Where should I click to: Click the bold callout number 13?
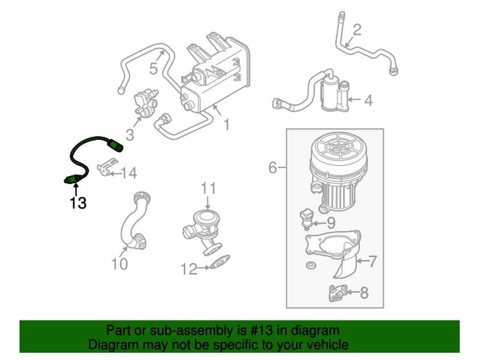tap(78, 203)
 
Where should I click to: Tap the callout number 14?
tap(129, 173)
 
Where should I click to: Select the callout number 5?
tap(154, 68)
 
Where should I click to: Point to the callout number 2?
tap(357, 29)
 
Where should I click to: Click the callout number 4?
tap(368, 100)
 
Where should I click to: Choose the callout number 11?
tap(208, 188)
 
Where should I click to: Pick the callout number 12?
tap(189, 269)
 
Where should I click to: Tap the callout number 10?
tap(119, 263)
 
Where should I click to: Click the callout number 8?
tap(364, 293)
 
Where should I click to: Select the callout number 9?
tap(331, 223)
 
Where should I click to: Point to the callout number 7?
tap(372, 262)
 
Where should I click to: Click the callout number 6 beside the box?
tap(273, 167)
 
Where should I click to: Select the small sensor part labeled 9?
tap(306, 219)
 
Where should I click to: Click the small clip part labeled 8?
tap(338, 293)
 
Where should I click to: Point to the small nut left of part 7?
tap(311, 265)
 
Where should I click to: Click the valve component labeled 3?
tap(145, 103)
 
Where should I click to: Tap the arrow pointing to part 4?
tap(355, 99)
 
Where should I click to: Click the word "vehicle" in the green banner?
tap(328, 344)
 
